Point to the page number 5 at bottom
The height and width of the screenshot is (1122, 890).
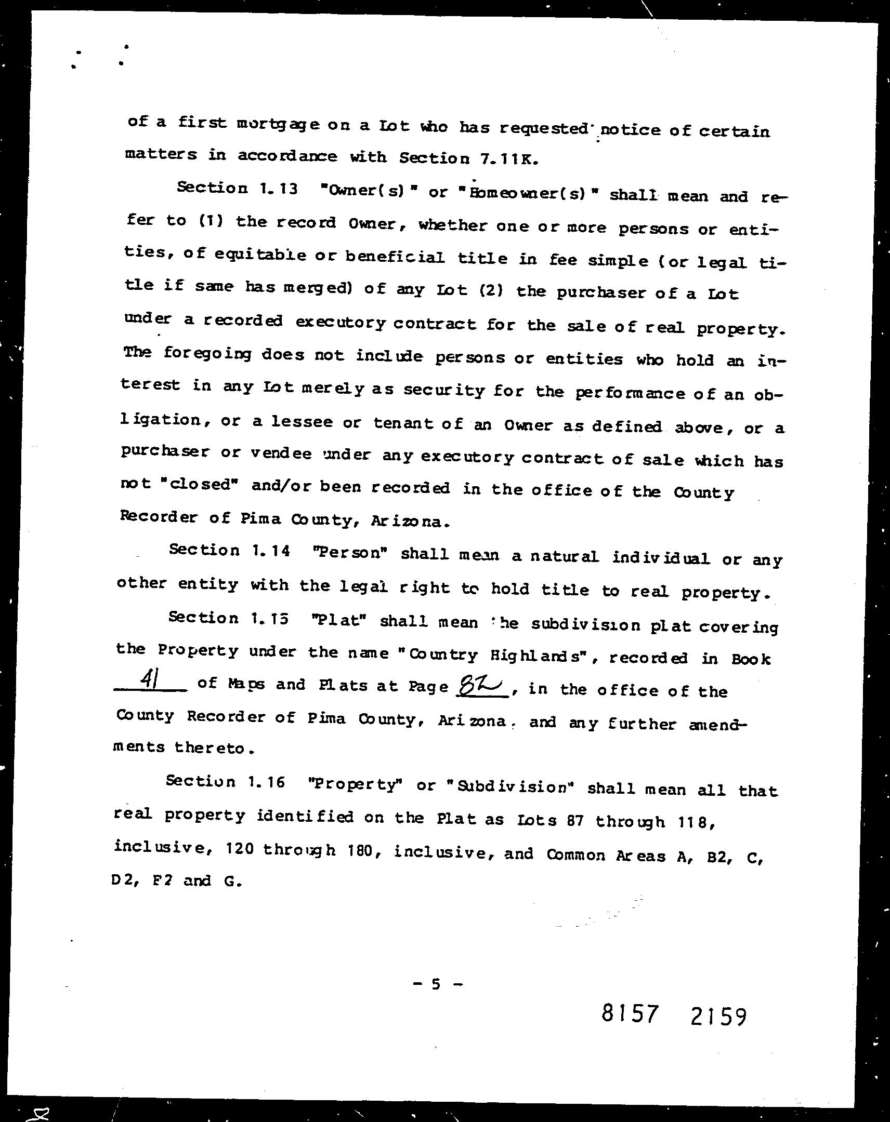pos(436,984)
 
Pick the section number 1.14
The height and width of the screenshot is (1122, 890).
pos(270,551)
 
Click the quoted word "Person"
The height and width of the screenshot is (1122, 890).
pos(351,552)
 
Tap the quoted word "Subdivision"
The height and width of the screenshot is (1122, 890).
pos(511,787)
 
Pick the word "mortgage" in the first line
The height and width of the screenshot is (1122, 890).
pos(279,125)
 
